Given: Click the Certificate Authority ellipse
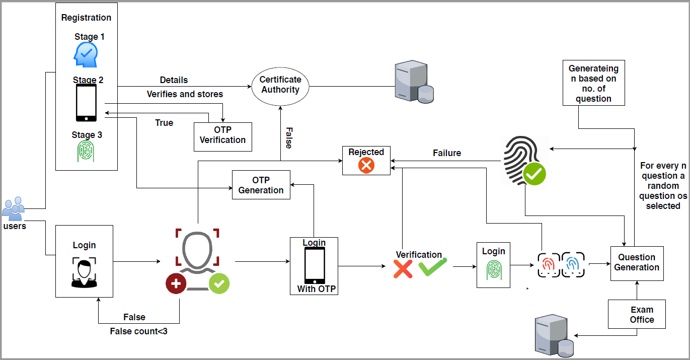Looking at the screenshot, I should pyautogui.click(x=280, y=85).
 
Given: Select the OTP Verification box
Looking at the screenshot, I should pyautogui.click(x=222, y=135).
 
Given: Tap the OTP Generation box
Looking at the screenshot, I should pyautogui.click(x=261, y=185).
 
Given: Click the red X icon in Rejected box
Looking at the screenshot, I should pyautogui.click(x=366, y=166).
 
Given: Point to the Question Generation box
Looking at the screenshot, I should pyautogui.click(x=637, y=263).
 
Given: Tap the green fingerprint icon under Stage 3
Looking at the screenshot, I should pyautogui.click(x=87, y=151).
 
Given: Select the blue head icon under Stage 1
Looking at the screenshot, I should pyautogui.click(x=86, y=54).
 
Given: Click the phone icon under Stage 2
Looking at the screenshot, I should pyautogui.click(x=87, y=103).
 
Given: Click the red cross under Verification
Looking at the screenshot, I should pyautogui.click(x=403, y=269).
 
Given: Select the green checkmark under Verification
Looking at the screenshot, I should pyautogui.click(x=432, y=267).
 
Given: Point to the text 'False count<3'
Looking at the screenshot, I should pyautogui.click(x=138, y=331).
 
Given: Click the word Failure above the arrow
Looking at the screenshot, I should pyautogui.click(x=447, y=153).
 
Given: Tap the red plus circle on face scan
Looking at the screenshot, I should pyautogui.click(x=176, y=284).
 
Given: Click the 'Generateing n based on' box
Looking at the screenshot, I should pyautogui.click(x=593, y=84).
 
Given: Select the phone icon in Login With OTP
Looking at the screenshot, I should pyautogui.click(x=314, y=265).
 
